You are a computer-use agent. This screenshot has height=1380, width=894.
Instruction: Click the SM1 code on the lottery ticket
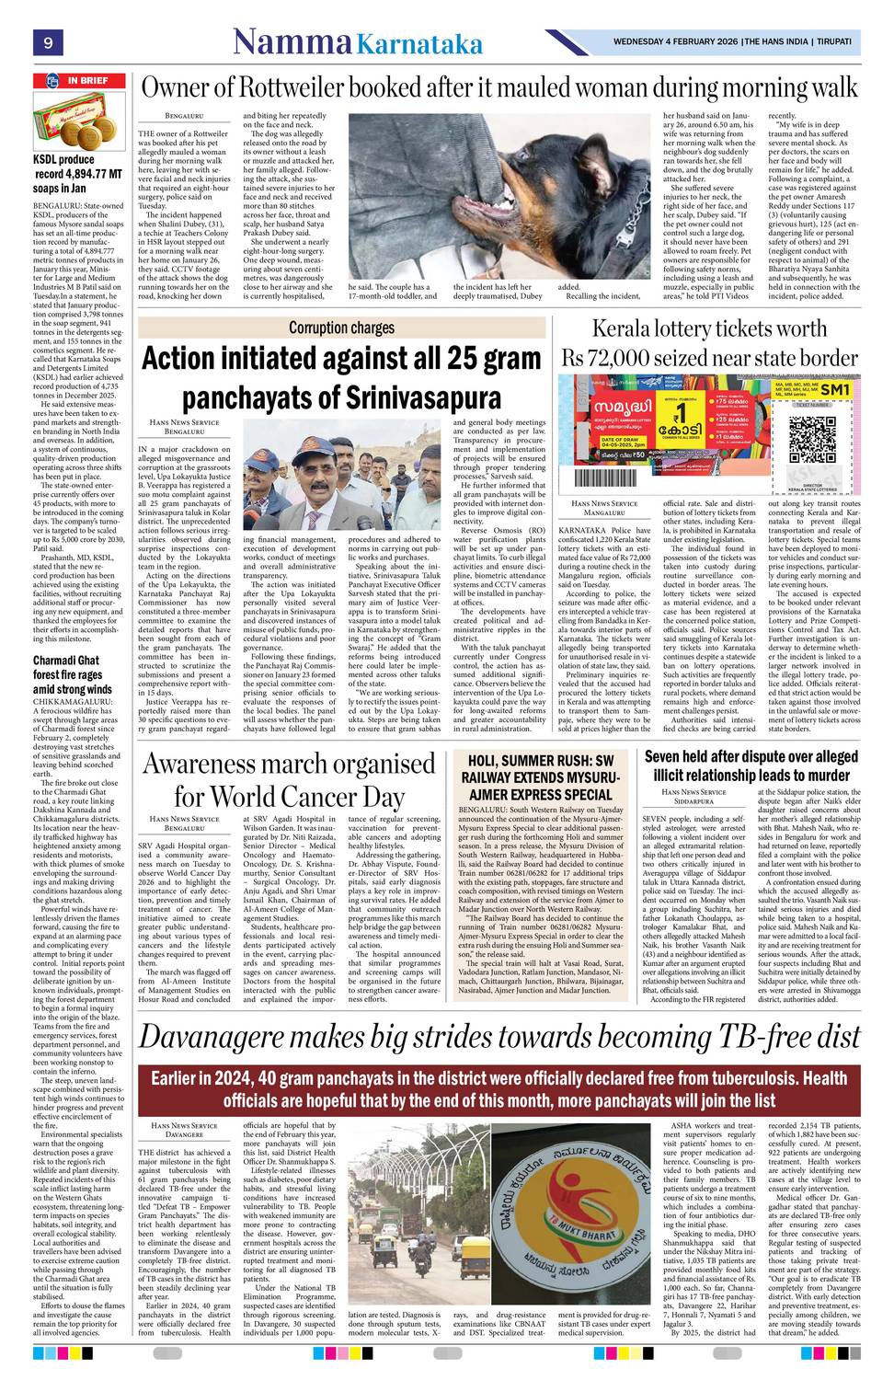tap(833, 390)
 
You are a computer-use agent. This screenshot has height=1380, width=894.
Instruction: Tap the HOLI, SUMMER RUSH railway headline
tap(540, 777)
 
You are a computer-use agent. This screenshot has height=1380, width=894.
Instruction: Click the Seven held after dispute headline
tap(751, 766)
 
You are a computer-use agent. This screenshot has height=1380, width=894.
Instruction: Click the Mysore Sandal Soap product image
tap(79, 122)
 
